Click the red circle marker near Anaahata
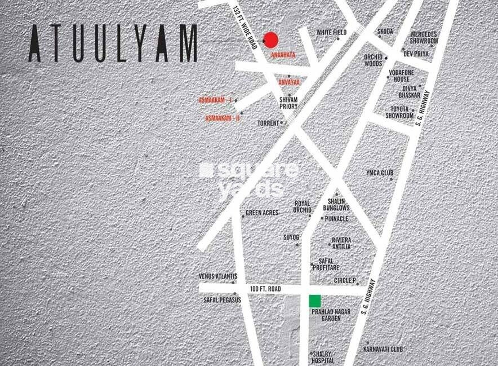(271, 39)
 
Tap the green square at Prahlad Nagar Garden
(315, 301)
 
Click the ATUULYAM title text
(113, 43)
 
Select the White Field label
(331, 33)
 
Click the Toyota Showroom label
(399, 112)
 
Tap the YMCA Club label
(379, 173)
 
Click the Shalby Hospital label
(323, 358)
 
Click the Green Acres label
(262, 213)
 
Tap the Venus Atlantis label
(217, 276)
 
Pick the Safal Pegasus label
(222, 300)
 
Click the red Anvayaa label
(289, 82)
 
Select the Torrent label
(268, 122)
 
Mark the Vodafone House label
(402, 76)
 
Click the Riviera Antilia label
(341, 243)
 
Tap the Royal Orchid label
(303, 206)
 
